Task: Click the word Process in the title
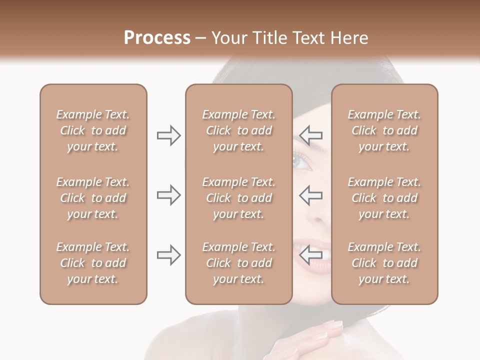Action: click(157, 38)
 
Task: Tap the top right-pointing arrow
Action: click(168, 135)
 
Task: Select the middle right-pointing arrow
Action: click(168, 195)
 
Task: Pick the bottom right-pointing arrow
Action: click(168, 255)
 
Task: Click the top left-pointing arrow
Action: click(310, 135)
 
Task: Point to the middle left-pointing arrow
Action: click(310, 195)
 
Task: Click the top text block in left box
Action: click(93, 130)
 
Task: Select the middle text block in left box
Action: click(93, 198)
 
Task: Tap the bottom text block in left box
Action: click(93, 263)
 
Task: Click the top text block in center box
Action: click(238, 130)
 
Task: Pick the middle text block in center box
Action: click(238, 198)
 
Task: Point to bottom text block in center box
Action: click(238, 263)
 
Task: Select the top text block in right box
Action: click(384, 130)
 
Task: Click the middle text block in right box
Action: click(384, 198)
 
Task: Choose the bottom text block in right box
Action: click(384, 263)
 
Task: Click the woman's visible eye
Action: click(303, 161)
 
